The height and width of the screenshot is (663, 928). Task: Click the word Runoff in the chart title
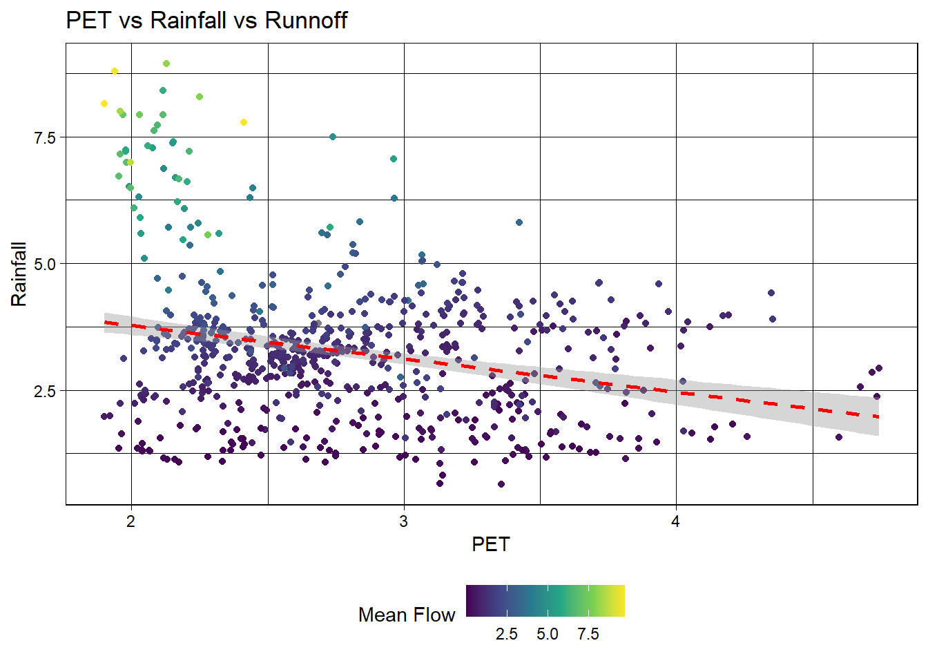click(x=306, y=21)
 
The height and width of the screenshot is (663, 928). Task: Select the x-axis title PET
click(x=490, y=544)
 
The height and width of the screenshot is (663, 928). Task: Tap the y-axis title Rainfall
click(x=19, y=274)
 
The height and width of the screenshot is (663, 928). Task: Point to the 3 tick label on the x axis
click(x=403, y=521)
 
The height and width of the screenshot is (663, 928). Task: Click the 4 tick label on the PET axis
click(x=675, y=521)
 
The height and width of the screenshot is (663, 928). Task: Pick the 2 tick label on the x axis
click(x=130, y=521)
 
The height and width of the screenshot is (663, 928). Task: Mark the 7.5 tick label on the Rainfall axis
click(x=44, y=137)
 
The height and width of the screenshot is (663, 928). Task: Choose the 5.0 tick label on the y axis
click(x=44, y=264)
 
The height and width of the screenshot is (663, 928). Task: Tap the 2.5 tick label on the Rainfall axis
click(x=44, y=391)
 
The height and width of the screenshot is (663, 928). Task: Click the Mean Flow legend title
click(x=407, y=615)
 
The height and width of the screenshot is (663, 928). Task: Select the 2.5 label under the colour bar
click(x=506, y=634)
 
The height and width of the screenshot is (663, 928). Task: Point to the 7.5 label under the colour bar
click(x=588, y=634)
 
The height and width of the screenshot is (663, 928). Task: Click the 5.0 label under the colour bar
click(x=548, y=634)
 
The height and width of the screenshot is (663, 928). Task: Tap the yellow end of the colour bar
click(x=621, y=600)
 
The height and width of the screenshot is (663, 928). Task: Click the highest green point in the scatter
click(x=166, y=64)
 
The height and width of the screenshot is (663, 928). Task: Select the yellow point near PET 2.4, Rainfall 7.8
click(x=244, y=122)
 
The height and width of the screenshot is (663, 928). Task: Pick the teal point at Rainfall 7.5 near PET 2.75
click(x=333, y=137)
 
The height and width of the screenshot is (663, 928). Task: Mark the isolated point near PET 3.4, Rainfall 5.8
click(x=519, y=222)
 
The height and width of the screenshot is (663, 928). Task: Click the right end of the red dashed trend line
click(x=875, y=416)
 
